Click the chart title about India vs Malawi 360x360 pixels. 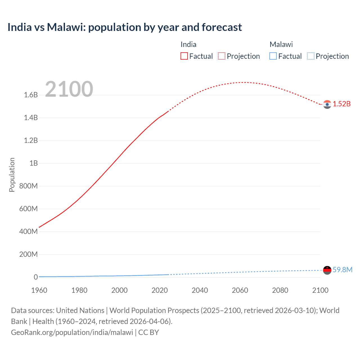click(125, 27)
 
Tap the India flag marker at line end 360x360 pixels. click(327, 104)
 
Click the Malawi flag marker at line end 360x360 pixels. click(327, 270)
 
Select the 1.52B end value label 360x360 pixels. click(342, 104)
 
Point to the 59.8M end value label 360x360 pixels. click(342, 270)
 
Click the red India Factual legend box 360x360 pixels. click(184, 56)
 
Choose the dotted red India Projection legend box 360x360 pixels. click(222, 56)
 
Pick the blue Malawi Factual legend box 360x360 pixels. click(273, 56)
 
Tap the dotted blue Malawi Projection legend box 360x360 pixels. click(311, 56)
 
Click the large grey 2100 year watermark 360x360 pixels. click(69, 89)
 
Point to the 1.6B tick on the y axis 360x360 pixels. click(31, 95)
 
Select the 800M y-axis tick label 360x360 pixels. click(28, 186)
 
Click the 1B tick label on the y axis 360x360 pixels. click(33, 163)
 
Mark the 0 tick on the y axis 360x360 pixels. click(36, 277)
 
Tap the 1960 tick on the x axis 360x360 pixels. click(39, 290)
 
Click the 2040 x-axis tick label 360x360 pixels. click(200, 290)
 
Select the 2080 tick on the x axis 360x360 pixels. click(280, 290)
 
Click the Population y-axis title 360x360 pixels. click(12, 175)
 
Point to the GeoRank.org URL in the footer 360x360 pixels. click(72, 332)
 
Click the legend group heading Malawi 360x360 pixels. click(281, 44)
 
